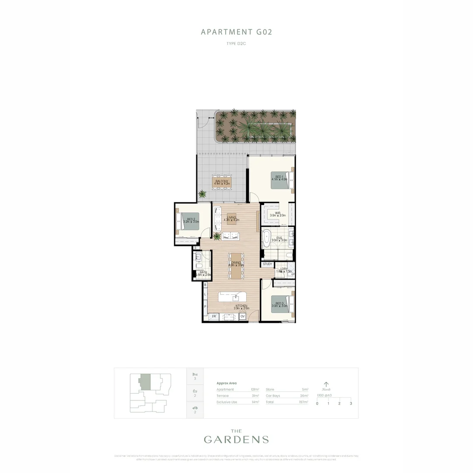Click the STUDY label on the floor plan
point(268,264)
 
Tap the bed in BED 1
point(281,180)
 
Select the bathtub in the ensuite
point(266,240)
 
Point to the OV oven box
point(242,316)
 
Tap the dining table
point(236,265)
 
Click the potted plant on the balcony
point(202,194)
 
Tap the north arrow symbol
point(326,384)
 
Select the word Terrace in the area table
point(222,395)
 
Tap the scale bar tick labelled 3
point(351,403)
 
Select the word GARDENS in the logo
point(236,439)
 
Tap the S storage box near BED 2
point(195,247)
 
